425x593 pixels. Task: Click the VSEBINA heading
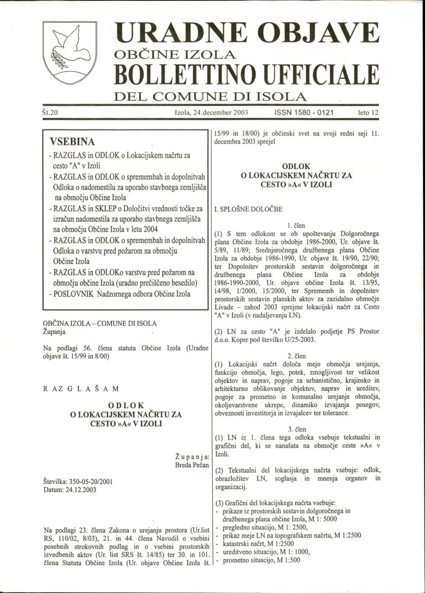click(71, 143)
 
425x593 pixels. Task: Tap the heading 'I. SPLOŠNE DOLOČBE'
click(248, 210)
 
